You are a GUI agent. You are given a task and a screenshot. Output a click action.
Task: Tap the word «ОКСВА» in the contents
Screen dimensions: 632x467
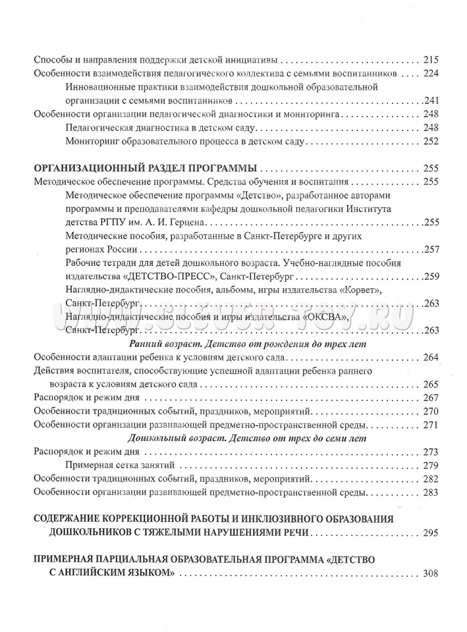(322, 317)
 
